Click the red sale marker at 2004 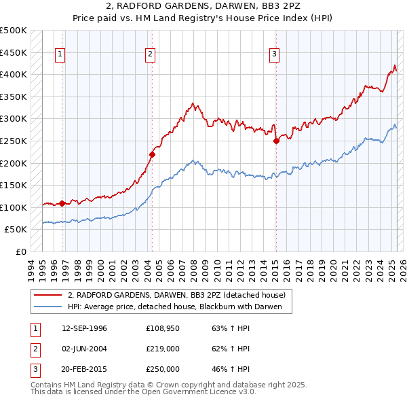click(152, 154)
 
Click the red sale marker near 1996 click(62, 203)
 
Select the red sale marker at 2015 click(276, 141)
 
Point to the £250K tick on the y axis click(13, 141)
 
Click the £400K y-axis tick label click(13, 74)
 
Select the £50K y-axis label click(16, 230)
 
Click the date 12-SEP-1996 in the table click(84, 329)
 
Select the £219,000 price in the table click(163, 349)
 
